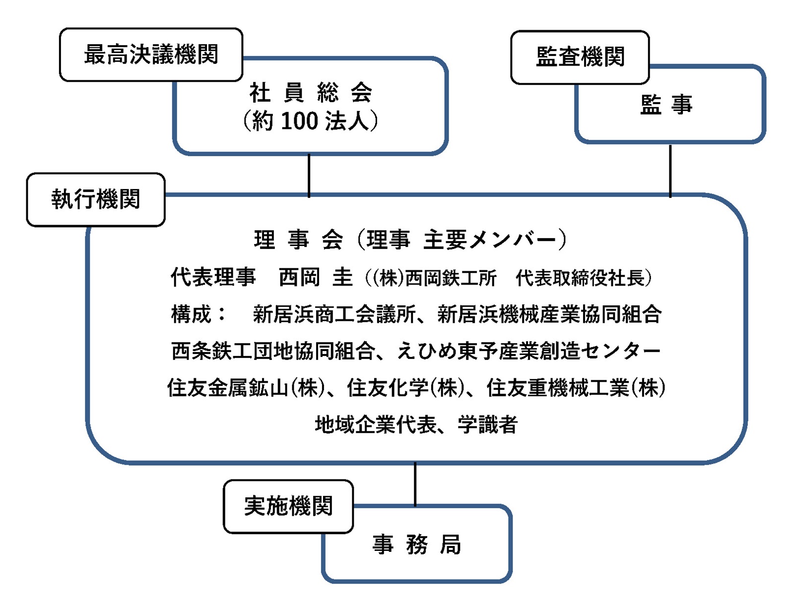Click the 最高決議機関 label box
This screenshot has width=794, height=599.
pyautogui.click(x=151, y=55)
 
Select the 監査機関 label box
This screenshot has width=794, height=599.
pyautogui.click(x=580, y=57)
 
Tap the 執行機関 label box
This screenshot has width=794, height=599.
pyautogui.click(x=96, y=199)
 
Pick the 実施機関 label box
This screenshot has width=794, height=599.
pyautogui.click(x=288, y=506)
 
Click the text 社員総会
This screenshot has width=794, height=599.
pyautogui.click(x=310, y=93)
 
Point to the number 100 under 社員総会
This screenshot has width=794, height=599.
pyautogui.click(x=299, y=120)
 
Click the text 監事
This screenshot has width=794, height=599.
pyautogui.click(x=666, y=105)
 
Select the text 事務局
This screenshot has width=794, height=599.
pyautogui.click(x=416, y=544)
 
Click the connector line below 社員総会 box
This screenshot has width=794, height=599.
pyautogui.click(x=309, y=176)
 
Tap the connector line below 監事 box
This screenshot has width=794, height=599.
pyautogui.click(x=670, y=171)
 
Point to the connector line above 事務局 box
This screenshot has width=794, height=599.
pyautogui.click(x=415, y=484)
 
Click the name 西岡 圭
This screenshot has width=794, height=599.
pyautogui.click(x=316, y=278)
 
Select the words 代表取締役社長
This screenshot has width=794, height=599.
pyautogui.click(x=580, y=278)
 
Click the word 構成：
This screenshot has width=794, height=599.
pyautogui.click(x=198, y=313)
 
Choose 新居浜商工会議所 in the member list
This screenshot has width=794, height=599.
pyautogui.click(x=334, y=313)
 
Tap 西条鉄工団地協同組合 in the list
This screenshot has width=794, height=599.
pyautogui.click(x=273, y=350)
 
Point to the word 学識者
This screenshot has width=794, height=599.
pyautogui.click(x=488, y=424)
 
